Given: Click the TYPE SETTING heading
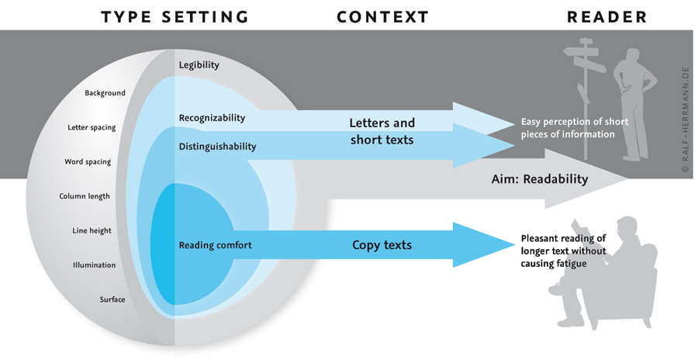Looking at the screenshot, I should pyautogui.click(x=174, y=16).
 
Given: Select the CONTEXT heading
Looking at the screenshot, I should pyautogui.click(x=382, y=16).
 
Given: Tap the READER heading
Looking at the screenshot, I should pyautogui.click(x=606, y=16).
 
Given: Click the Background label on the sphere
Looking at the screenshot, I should pyautogui.click(x=105, y=93).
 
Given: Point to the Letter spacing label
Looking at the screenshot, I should pyautogui.click(x=92, y=127).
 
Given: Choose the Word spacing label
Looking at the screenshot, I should pyautogui.click(x=88, y=162).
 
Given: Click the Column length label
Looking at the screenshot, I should pyautogui.click(x=85, y=196).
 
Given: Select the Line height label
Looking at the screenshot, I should pyautogui.click(x=92, y=230).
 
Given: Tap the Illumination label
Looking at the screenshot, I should pyautogui.click(x=94, y=265).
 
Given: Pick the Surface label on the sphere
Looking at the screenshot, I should pyautogui.click(x=112, y=299).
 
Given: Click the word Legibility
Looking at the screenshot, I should pyautogui.click(x=199, y=65).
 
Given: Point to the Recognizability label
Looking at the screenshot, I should pyautogui.click(x=212, y=118).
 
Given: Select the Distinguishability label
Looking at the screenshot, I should pyautogui.click(x=217, y=146).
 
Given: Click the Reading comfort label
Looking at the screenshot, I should pyautogui.click(x=215, y=245).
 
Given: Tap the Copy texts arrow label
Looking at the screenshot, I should pyautogui.click(x=382, y=245).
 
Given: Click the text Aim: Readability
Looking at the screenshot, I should pyautogui.click(x=540, y=179).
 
